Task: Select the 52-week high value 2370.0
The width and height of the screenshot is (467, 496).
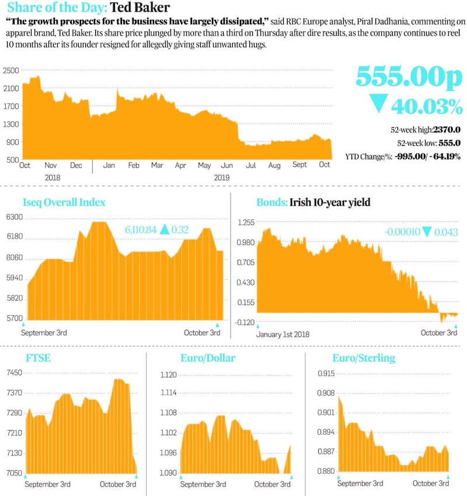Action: click(447, 130)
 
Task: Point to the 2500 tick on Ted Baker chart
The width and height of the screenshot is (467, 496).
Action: click(11, 71)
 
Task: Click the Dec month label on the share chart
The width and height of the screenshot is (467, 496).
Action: click(76, 165)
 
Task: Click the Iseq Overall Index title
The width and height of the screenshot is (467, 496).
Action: click(64, 202)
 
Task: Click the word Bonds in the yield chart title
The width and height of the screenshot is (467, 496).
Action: click(271, 202)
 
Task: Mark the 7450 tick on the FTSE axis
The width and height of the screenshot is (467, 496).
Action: click(15, 373)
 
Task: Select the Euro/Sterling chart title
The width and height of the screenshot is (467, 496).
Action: click(364, 358)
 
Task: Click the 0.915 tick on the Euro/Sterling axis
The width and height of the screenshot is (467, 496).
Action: click(325, 373)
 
